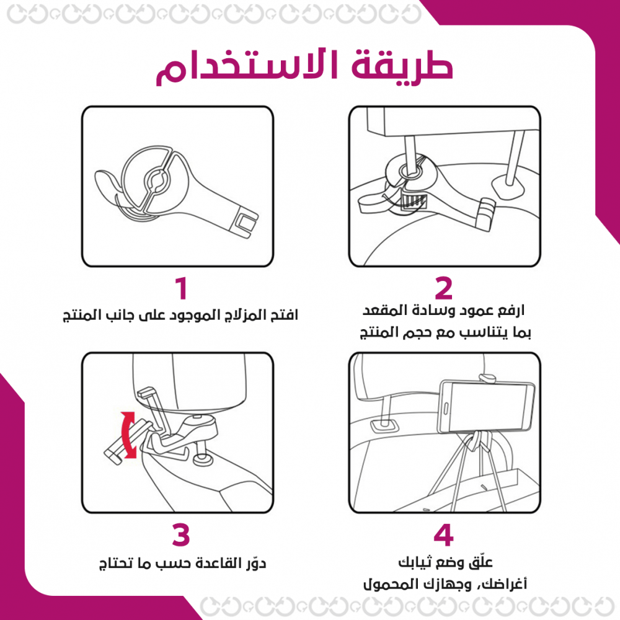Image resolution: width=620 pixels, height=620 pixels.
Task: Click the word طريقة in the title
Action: click(402, 66)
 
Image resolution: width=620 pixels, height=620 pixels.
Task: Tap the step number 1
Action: click(181, 288)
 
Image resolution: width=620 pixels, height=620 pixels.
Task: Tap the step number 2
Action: click(443, 288)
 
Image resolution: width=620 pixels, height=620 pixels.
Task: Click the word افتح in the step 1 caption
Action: click(285, 315)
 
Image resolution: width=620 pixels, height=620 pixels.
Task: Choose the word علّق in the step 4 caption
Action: click(480, 562)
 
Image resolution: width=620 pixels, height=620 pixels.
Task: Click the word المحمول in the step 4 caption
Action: click(389, 584)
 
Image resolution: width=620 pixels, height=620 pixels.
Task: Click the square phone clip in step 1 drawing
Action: click(245, 223)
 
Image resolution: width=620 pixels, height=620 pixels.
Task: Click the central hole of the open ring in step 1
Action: click(156, 180)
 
